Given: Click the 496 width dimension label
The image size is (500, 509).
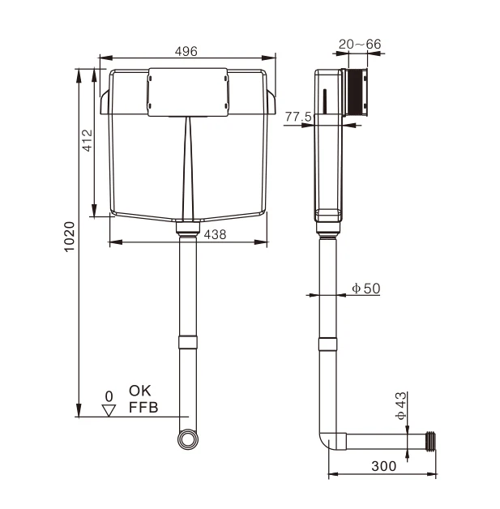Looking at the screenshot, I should pos(186,50).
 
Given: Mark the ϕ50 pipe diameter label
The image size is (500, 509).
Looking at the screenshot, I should pos(365,288).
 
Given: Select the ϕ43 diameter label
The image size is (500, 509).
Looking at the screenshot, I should pos(400,405).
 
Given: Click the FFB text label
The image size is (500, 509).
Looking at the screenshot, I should pos(143,407).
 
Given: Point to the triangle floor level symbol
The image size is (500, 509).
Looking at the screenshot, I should pos(109,410).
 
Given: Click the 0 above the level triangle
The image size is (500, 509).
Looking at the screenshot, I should pos(109,396).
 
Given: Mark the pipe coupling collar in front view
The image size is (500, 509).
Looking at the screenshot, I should pos(187,341).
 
